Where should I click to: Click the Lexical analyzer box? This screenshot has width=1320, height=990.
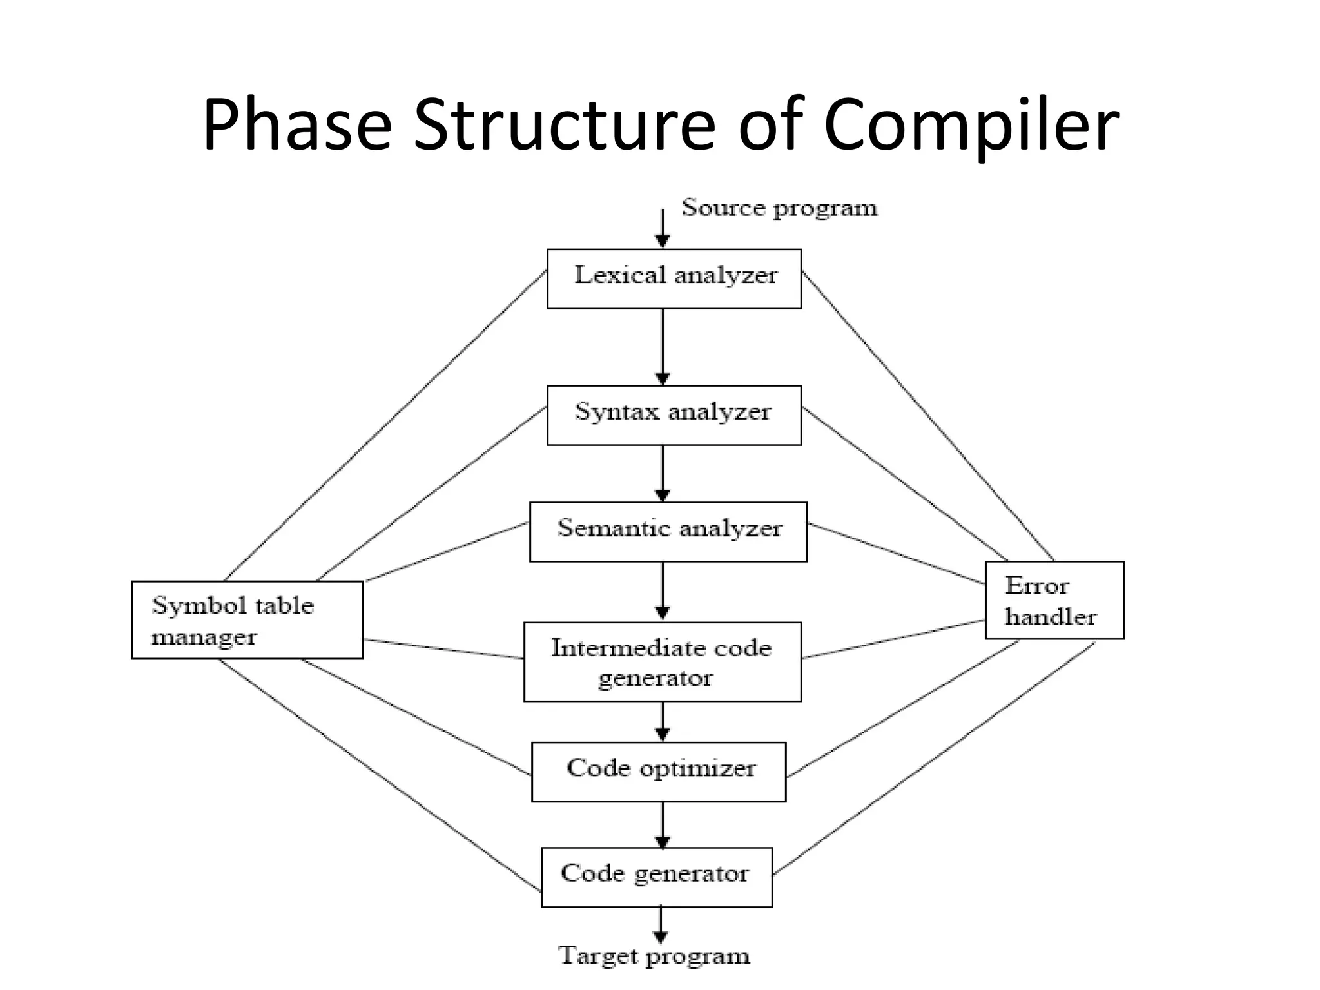674,278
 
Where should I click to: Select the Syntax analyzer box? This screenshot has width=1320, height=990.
674,415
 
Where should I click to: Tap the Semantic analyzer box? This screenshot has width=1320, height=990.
668,532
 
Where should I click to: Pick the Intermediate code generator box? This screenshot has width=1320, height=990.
663,661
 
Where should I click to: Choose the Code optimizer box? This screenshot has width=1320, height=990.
659,772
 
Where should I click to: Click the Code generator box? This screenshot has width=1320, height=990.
657,877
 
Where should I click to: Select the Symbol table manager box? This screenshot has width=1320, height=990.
247,619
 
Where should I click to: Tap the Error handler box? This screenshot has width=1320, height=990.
1054,600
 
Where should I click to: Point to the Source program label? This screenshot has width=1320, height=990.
780,208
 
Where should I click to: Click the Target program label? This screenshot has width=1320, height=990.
654,956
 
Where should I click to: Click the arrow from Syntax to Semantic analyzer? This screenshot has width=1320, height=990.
663,473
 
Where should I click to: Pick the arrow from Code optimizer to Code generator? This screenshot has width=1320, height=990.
663,824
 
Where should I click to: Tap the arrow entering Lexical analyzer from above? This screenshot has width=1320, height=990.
663,229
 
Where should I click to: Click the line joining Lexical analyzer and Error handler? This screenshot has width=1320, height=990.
928,416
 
